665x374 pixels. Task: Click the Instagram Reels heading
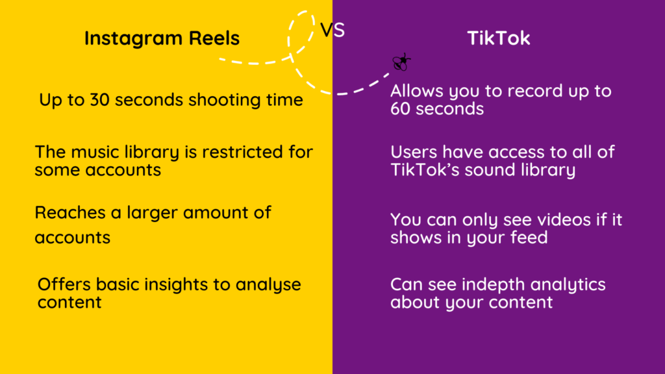pyautogui.click(x=162, y=38)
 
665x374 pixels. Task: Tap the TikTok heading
pyautogui.click(x=499, y=38)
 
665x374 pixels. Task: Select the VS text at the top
pyautogui.click(x=332, y=30)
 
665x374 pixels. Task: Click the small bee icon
pyautogui.click(x=401, y=62)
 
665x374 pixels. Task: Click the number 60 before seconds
pyautogui.click(x=402, y=108)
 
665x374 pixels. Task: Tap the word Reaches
pyautogui.click(x=63, y=212)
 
